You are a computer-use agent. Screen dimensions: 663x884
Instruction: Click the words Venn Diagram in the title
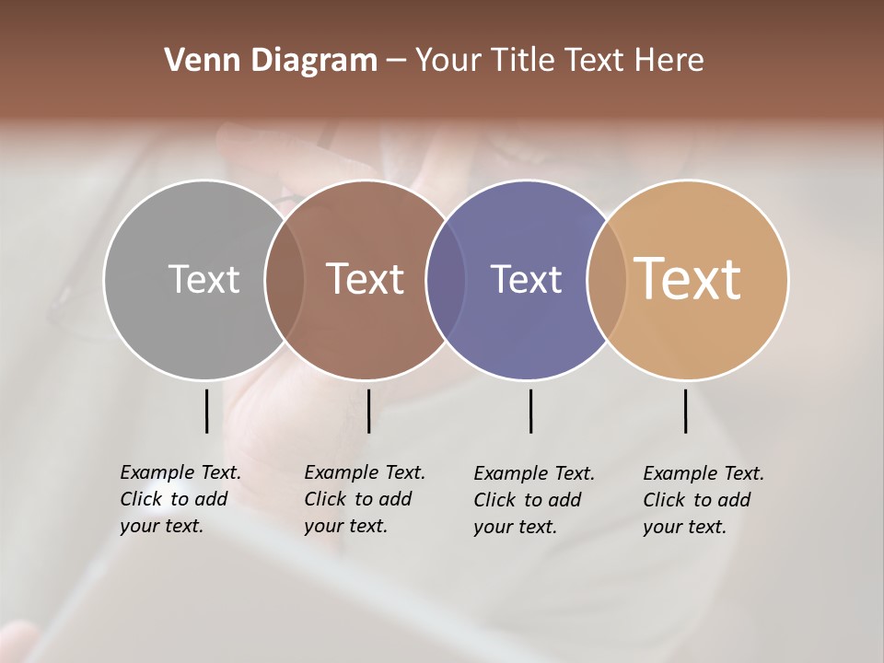[270, 61]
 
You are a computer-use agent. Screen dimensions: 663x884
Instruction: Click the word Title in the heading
[524, 61]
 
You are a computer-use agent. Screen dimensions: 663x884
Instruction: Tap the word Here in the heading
[669, 61]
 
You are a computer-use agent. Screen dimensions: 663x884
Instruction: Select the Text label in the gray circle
[204, 279]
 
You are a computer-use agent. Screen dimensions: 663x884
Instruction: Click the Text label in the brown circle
[366, 279]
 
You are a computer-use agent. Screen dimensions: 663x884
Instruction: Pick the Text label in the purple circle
[526, 279]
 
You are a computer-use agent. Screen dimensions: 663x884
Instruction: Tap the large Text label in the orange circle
[688, 279]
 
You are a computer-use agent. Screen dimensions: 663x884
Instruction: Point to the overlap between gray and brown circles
[285, 279]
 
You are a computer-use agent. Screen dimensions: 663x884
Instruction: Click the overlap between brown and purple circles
[446, 279]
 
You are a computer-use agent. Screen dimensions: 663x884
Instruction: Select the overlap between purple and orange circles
[607, 279]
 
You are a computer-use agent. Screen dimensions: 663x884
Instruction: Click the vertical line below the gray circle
[206, 411]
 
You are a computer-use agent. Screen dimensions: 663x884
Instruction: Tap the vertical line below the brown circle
[368, 411]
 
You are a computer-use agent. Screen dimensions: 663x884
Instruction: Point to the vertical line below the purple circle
[530, 411]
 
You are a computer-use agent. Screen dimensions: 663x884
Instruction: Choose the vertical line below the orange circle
[685, 411]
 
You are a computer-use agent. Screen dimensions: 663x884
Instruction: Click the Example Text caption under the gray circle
[180, 499]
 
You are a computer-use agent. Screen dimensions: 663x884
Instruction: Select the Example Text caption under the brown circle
[364, 499]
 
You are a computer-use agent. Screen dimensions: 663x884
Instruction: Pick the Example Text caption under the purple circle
[533, 500]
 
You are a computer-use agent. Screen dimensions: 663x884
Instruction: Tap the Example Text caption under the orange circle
[703, 500]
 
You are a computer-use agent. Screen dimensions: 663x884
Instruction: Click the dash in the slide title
[395, 61]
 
